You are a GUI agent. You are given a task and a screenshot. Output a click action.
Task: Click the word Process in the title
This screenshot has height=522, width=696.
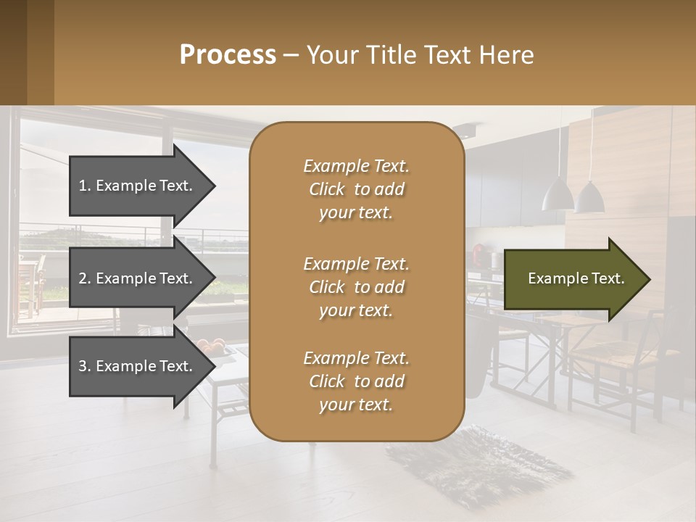(x=228, y=54)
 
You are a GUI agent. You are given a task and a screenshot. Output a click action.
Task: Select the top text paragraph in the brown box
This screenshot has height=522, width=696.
(x=356, y=189)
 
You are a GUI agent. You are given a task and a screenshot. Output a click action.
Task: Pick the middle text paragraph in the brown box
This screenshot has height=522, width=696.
(x=356, y=286)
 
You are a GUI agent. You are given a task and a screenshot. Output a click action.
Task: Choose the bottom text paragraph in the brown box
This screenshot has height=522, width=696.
(x=356, y=381)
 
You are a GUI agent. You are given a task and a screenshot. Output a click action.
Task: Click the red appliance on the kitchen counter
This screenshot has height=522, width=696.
(x=479, y=253)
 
